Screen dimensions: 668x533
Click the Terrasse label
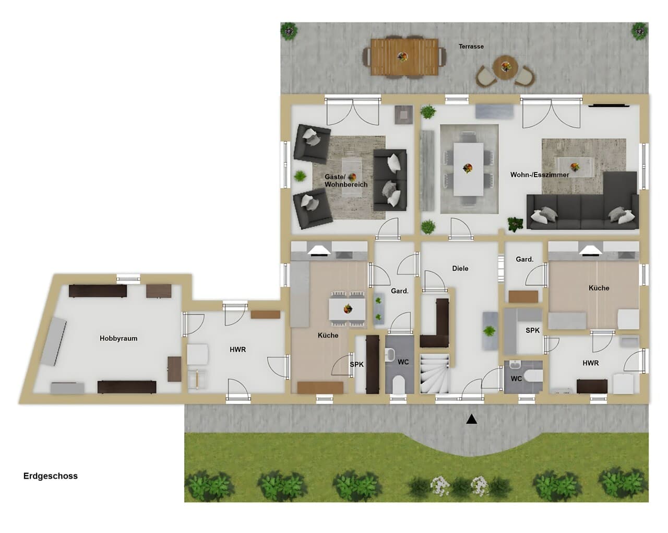471,47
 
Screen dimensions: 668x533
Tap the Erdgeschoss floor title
50,476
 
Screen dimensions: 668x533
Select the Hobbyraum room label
118,339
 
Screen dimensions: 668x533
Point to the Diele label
460,269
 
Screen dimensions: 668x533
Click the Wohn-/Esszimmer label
540,175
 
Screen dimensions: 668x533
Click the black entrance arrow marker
471,419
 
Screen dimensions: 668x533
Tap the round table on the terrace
506,67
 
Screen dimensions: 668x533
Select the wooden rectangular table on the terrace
404,57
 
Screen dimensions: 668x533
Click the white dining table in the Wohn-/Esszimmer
469,169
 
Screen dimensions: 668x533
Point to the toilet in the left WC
399,385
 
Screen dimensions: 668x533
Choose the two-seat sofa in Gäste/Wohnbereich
390,180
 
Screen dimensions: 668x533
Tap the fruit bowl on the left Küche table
348,309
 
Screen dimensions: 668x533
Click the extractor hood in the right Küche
591,250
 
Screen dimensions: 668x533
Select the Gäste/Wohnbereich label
346,181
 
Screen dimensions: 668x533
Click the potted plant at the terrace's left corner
289,31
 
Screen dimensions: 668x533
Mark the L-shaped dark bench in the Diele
435,323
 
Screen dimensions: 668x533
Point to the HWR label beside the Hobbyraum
238,350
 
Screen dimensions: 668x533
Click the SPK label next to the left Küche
356,365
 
